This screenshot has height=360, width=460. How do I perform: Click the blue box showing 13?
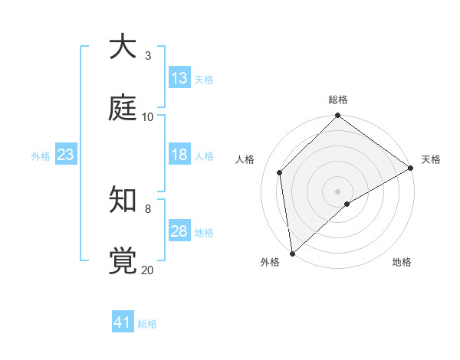(179, 78)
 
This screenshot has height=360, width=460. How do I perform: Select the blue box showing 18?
(179, 155)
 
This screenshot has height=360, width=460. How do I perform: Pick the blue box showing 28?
(179, 231)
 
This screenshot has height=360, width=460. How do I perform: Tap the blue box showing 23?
(66, 155)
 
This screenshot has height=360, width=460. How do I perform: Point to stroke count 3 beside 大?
(147, 55)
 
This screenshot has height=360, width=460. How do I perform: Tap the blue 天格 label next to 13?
(204, 80)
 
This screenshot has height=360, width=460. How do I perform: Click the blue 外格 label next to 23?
(41, 156)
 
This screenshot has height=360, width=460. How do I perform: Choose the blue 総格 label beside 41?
(147, 324)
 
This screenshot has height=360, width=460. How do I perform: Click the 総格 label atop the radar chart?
(338, 100)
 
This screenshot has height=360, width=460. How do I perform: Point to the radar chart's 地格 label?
(402, 262)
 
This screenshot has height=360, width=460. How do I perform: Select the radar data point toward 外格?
(292, 253)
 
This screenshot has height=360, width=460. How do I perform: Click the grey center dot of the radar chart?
(337, 191)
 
